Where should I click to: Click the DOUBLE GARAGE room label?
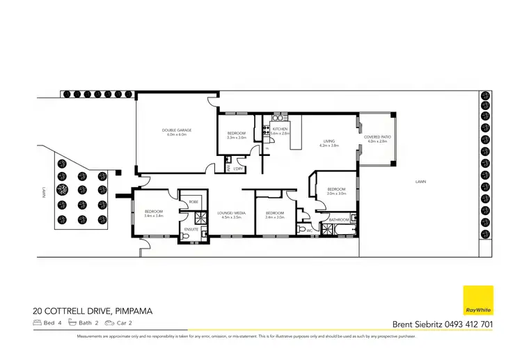pyautogui.click(x=177, y=130)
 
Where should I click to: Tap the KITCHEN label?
pyautogui.click(x=280, y=130)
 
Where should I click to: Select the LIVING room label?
pyautogui.click(x=329, y=141)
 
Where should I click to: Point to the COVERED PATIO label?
pyautogui.click(x=378, y=137)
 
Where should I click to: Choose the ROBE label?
pyautogui.click(x=193, y=202)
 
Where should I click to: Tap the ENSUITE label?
pyautogui.click(x=191, y=228)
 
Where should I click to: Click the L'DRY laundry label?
pyautogui.click(x=238, y=169)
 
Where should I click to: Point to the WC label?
pyautogui.click(x=308, y=229)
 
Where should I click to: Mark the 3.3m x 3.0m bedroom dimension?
pyautogui.click(x=237, y=138)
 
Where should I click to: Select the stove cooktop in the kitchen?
pyautogui.click(x=266, y=131)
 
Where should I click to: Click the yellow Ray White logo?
pyautogui.click(x=478, y=300)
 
